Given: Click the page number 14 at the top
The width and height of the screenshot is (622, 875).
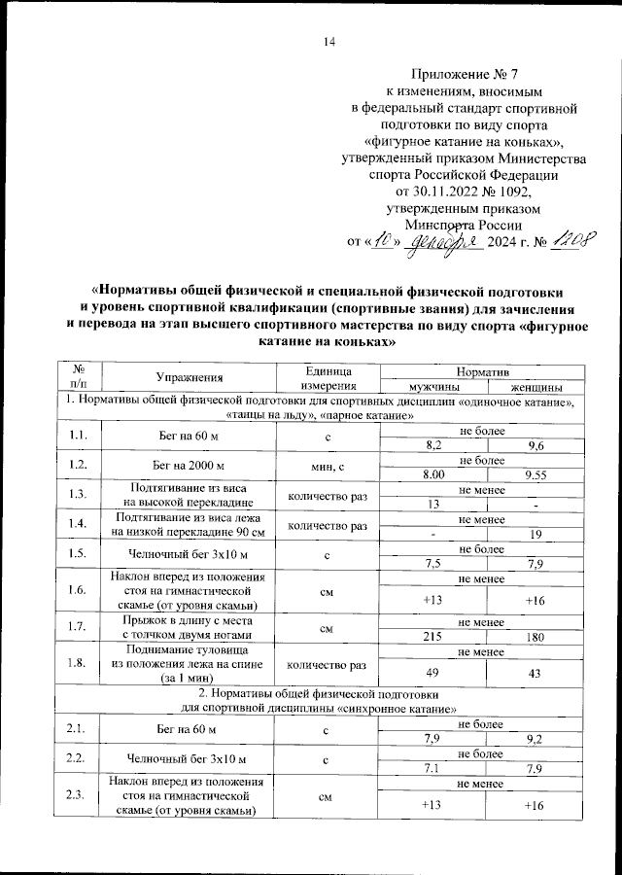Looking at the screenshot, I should point(328,41).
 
